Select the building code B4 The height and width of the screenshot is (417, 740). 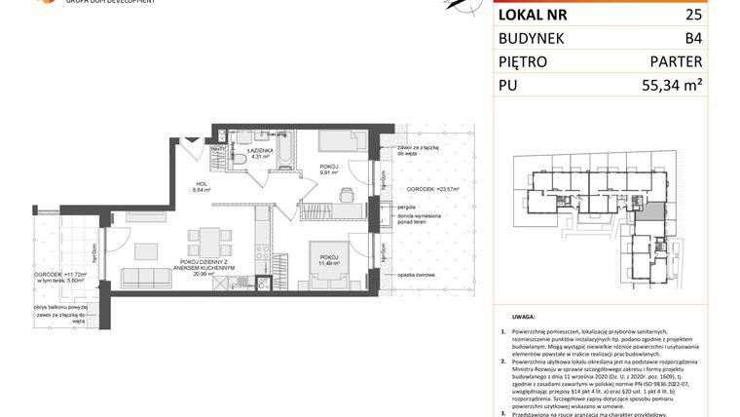692,40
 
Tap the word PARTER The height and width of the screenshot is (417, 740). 675,62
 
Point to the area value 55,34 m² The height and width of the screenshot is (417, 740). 671,86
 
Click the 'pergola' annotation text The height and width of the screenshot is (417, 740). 407,208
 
